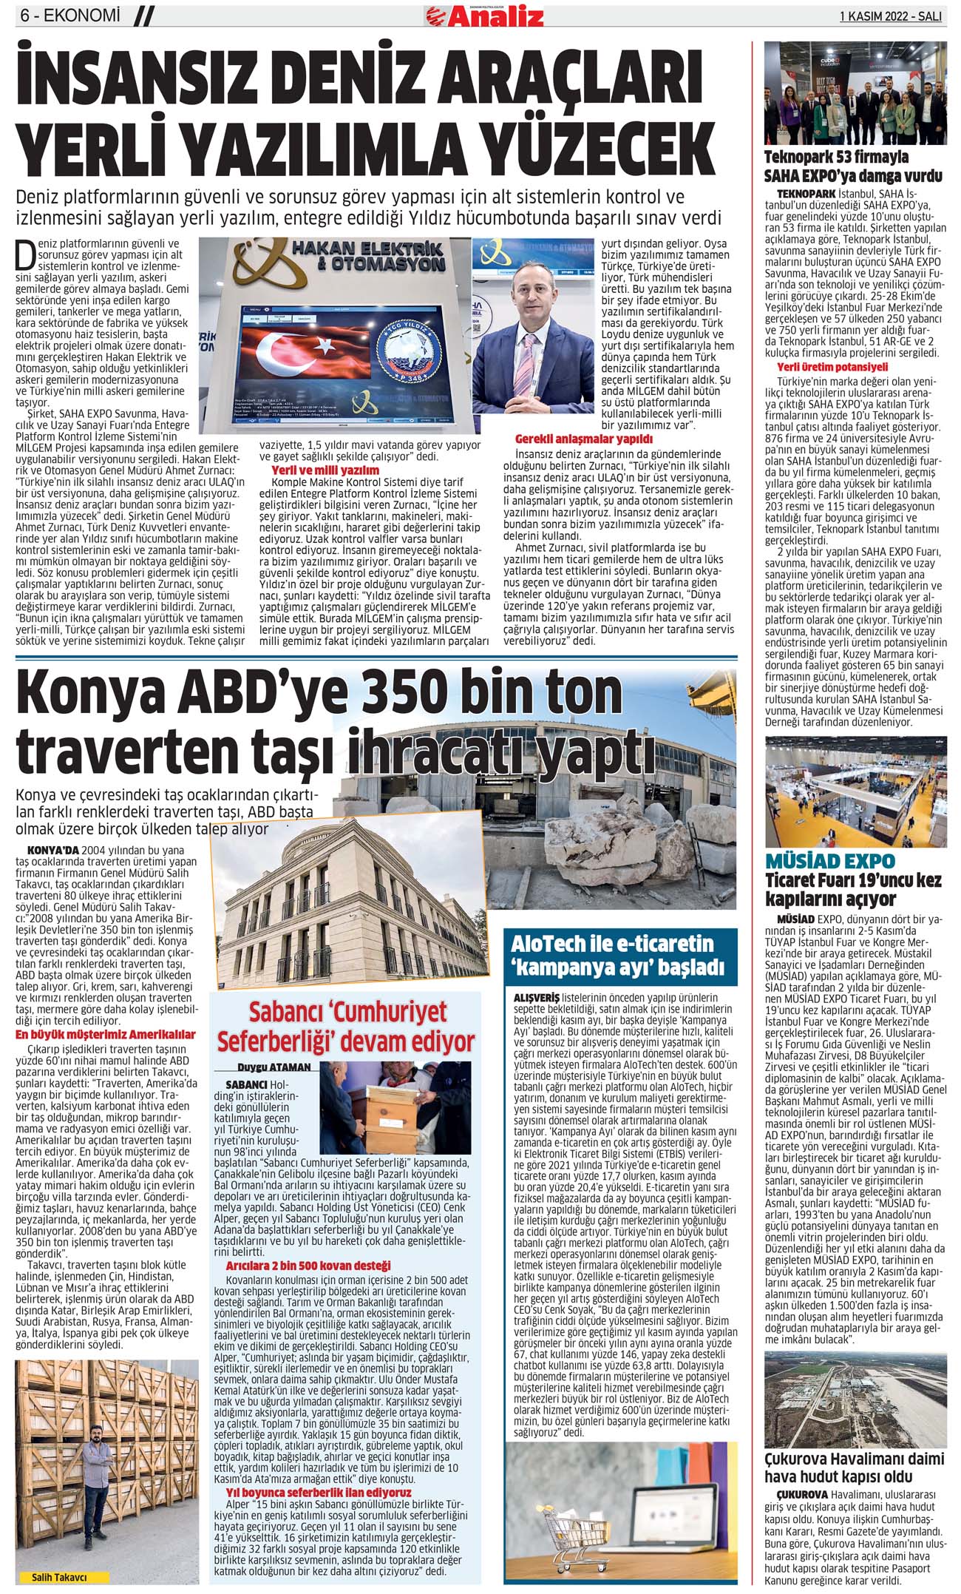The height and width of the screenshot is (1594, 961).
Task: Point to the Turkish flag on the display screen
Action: click(x=310, y=356)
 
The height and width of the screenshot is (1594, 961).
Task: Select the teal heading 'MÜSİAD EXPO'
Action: click(x=830, y=861)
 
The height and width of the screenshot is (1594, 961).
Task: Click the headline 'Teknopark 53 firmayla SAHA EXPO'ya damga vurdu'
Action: click(x=853, y=166)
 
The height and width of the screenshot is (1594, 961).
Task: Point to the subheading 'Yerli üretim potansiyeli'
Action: click(x=821, y=367)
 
